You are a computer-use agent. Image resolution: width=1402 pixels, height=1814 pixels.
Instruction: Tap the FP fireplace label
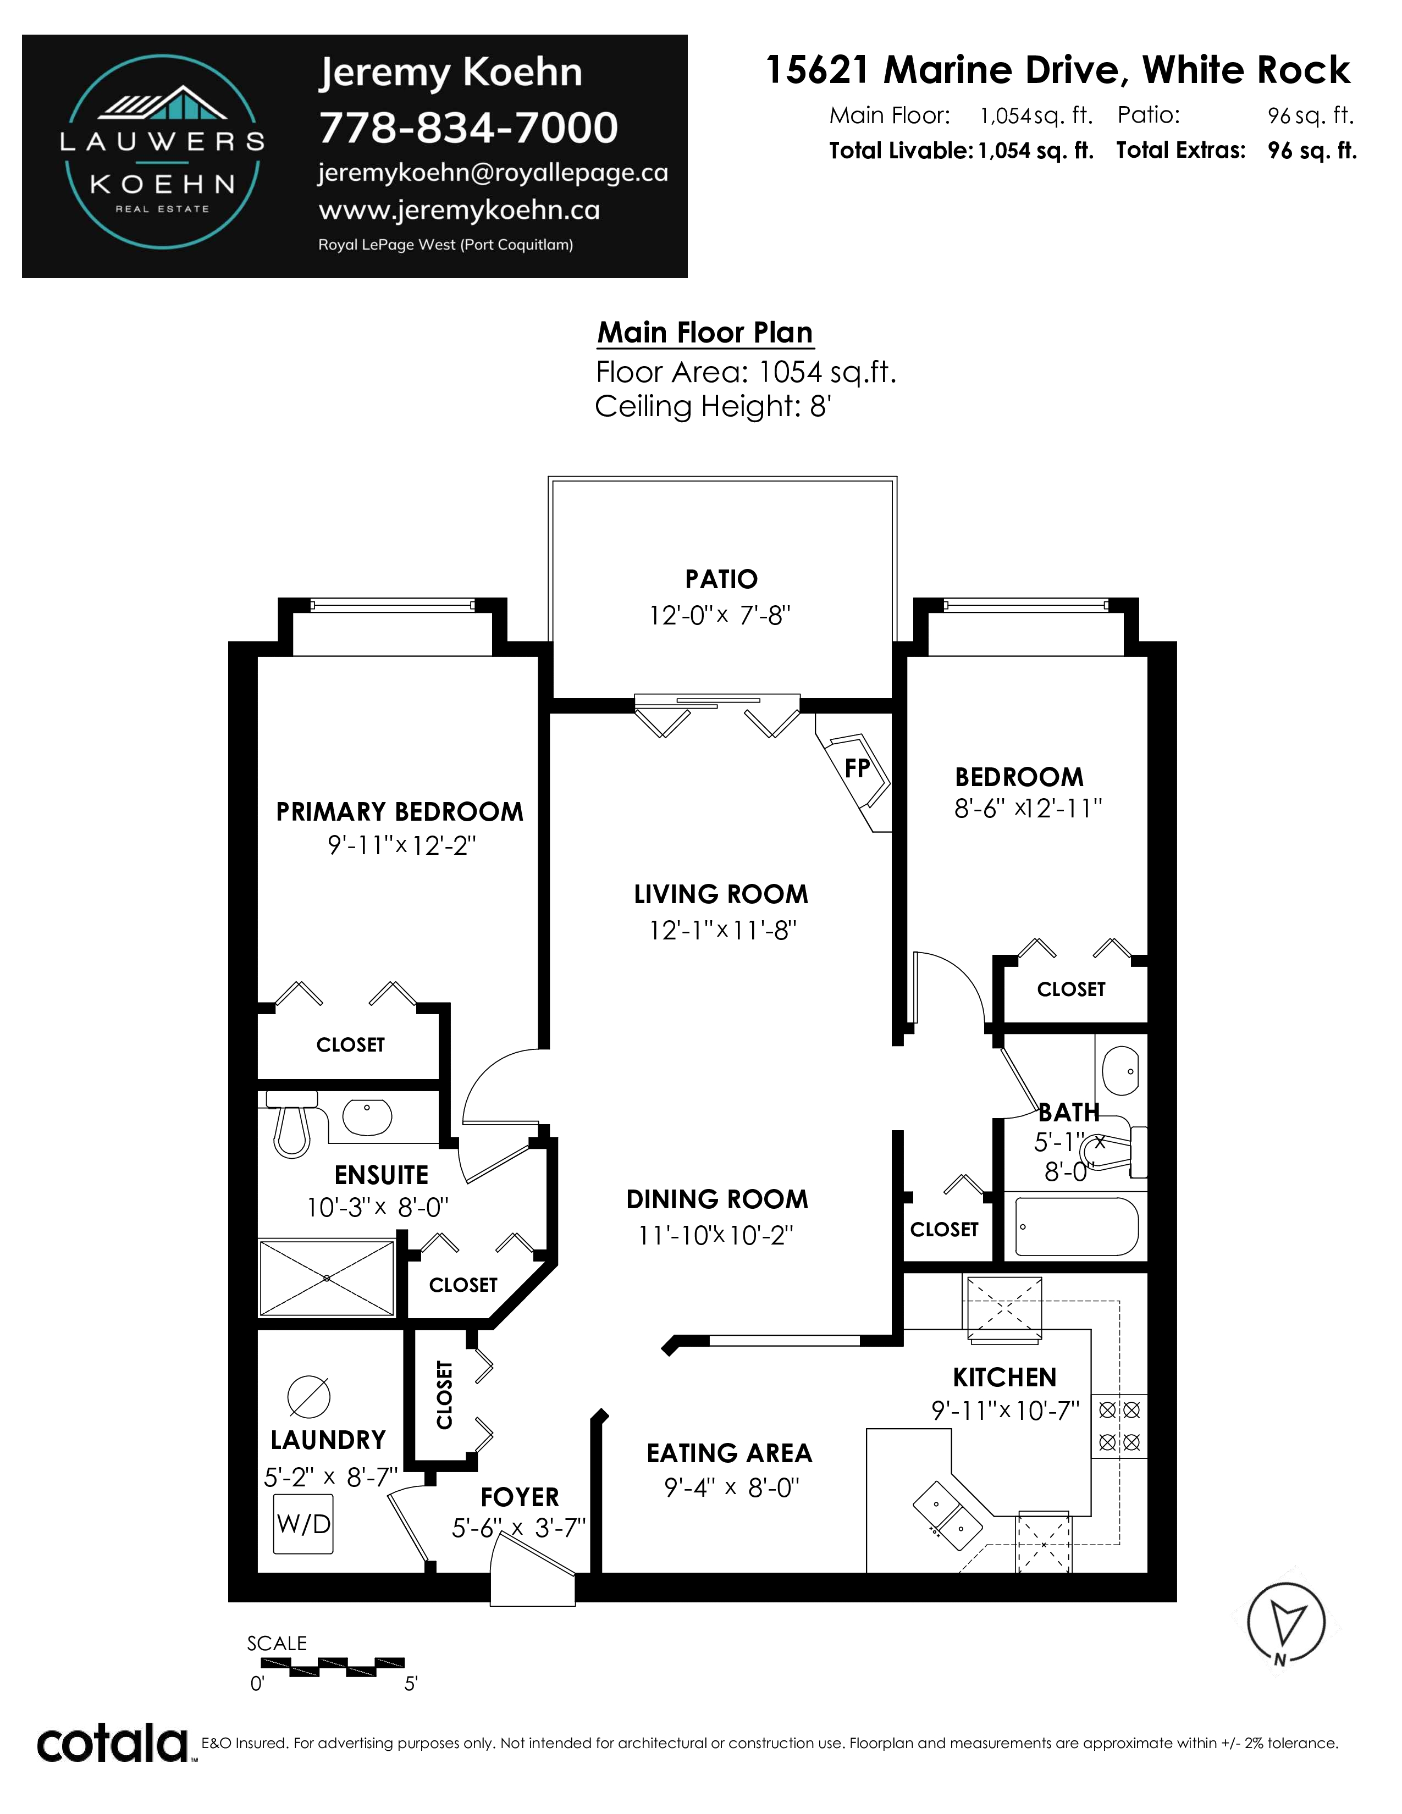(857, 768)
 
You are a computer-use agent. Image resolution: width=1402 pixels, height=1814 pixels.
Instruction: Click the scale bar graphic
(332, 1664)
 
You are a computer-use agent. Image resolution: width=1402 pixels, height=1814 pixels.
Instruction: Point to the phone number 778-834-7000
(468, 127)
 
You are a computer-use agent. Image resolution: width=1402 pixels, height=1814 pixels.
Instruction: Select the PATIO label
(721, 579)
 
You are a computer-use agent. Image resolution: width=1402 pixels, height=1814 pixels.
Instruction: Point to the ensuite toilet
(291, 1124)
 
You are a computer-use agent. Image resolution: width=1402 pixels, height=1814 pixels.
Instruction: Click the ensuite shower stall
(327, 1277)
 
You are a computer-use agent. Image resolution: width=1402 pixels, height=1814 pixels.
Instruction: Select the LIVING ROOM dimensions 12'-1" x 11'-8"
(722, 930)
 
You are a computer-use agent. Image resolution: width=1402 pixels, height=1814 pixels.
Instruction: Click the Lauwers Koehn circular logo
(162, 152)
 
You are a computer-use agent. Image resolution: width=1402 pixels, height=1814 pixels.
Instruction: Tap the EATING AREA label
(729, 1453)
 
